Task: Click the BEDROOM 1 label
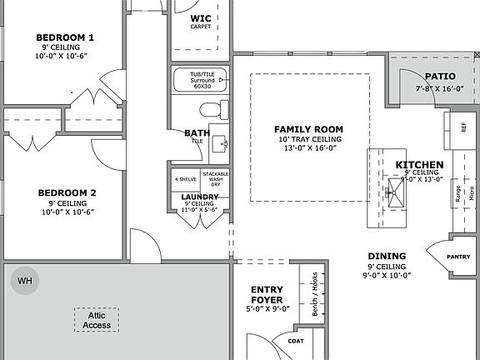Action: tap(65, 37)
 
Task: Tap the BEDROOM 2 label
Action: tap(67, 192)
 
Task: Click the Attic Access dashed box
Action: tap(96, 319)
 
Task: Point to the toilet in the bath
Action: tap(214, 108)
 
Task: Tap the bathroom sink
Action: tap(219, 142)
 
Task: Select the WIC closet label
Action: tap(201, 17)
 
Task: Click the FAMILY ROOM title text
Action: tap(309, 129)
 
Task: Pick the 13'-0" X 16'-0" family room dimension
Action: tap(309, 148)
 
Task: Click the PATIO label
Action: tap(439, 77)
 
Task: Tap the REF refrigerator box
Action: tap(462, 127)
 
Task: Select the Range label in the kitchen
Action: tap(457, 193)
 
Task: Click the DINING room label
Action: tap(387, 256)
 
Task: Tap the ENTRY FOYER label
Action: tap(267, 295)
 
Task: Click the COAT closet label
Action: tap(296, 340)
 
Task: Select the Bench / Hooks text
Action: tap(312, 294)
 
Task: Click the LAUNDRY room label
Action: tap(199, 197)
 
